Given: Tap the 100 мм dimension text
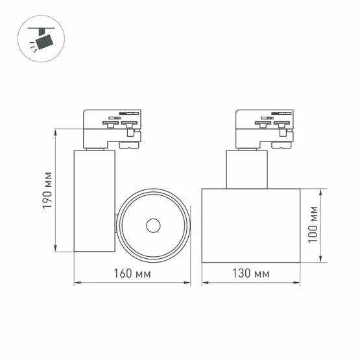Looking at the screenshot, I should (x=314, y=225).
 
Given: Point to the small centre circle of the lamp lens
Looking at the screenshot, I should (x=153, y=226).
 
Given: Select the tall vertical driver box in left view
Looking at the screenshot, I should (x=94, y=201).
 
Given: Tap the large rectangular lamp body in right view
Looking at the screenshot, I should (x=251, y=226).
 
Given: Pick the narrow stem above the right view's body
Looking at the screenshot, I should (x=246, y=169).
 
